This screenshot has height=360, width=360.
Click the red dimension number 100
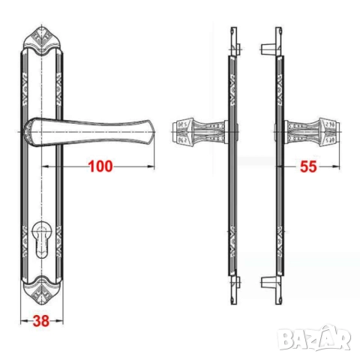click(100, 166)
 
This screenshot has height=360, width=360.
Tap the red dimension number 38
click(41, 321)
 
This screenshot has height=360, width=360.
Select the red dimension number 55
click(308, 166)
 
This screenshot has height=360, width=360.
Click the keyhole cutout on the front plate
click(40, 239)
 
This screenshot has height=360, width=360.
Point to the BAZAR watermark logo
click(314, 337)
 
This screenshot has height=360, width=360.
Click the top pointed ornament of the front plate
click(41, 40)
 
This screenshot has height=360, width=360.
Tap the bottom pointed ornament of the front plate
click(41, 290)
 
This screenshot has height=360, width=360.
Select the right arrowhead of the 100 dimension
click(151, 166)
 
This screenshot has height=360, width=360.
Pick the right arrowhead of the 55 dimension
click(336, 166)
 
